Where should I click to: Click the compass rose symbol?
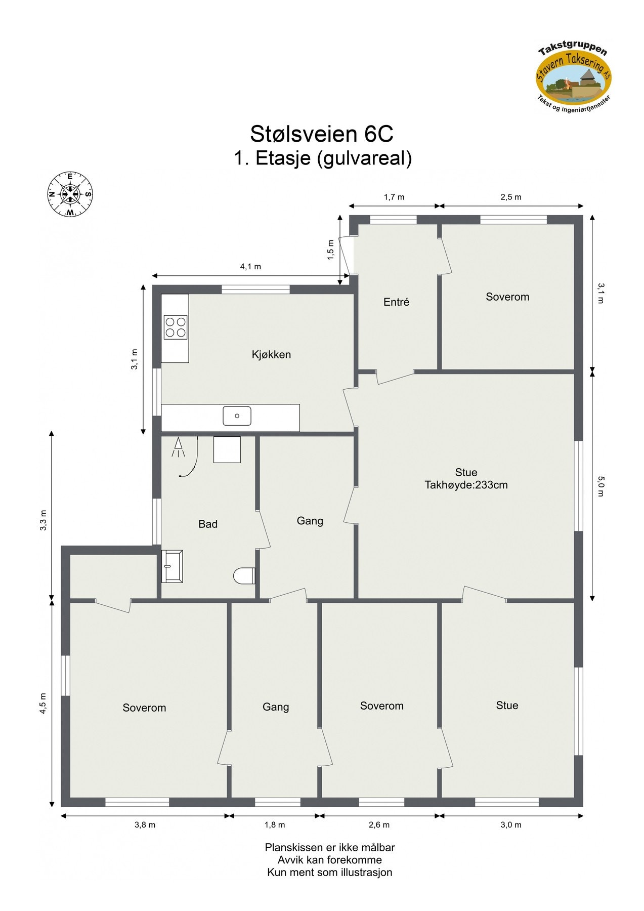(x=70, y=194)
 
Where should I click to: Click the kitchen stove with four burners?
(x=176, y=326)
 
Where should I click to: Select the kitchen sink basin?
(x=237, y=416)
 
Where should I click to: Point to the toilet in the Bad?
(x=245, y=576)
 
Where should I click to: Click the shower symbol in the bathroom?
(x=178, y=447)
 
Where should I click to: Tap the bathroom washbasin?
(x=172, y=566)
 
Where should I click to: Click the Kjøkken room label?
(x=271, y=355)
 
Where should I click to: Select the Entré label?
(x=396, y=302)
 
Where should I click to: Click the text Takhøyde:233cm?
(x=466, y=485)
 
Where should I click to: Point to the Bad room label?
(x=208, y=524)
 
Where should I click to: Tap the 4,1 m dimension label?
(x=250, y=267)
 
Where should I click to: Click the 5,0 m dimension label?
(x=601, y=486)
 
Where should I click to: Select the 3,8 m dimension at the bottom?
(x=145, y=825)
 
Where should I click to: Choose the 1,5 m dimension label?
(x=331, y=250)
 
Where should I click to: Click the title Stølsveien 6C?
(x=322, y=134)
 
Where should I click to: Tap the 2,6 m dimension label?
(x=379, y=825)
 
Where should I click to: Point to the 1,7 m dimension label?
(x=394, y=197)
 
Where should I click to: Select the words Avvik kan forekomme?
(x=329, y=860)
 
